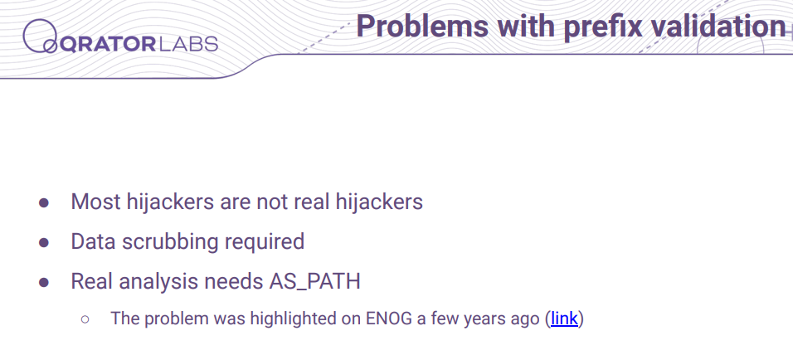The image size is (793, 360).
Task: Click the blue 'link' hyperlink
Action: click(564, 319)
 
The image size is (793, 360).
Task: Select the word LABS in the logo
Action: click(187, 45)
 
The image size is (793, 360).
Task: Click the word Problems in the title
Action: click(422, 27)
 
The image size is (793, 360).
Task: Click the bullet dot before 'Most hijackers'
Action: click(44, 202)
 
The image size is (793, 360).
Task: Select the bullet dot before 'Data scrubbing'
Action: click(44, 243)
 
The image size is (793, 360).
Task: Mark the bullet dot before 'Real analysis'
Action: click(44, 282)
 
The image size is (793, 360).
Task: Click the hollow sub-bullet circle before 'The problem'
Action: click(85, 319)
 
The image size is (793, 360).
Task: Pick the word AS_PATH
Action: click(314, 282)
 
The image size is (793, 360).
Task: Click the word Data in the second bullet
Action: click(93, 241)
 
